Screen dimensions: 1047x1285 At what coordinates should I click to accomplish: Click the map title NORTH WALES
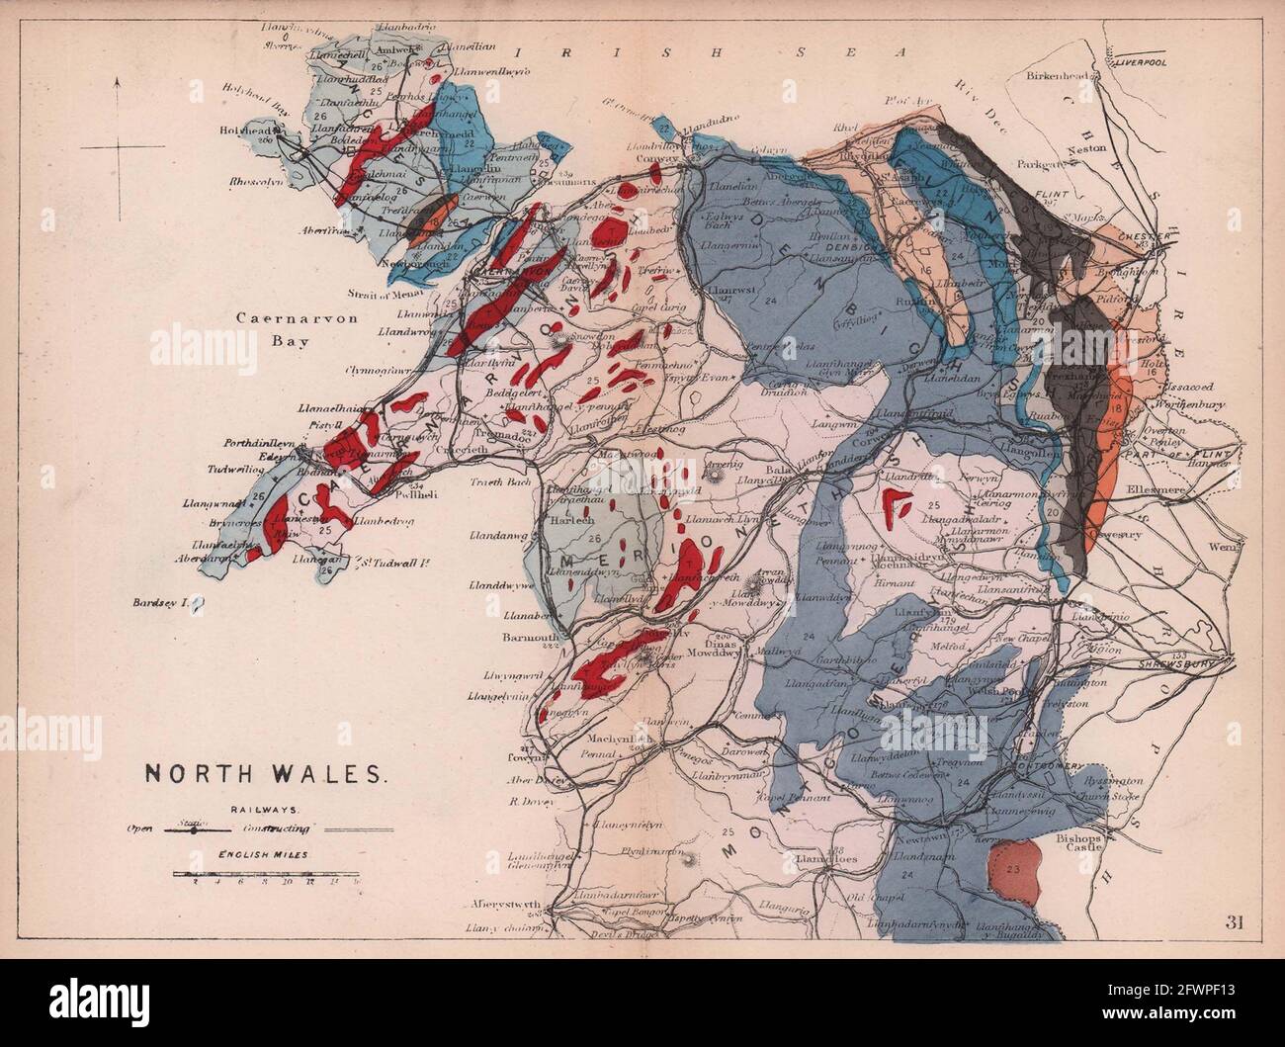(x=267, y=773)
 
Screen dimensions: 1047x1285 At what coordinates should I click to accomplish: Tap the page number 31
(x=1234, y=923)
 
